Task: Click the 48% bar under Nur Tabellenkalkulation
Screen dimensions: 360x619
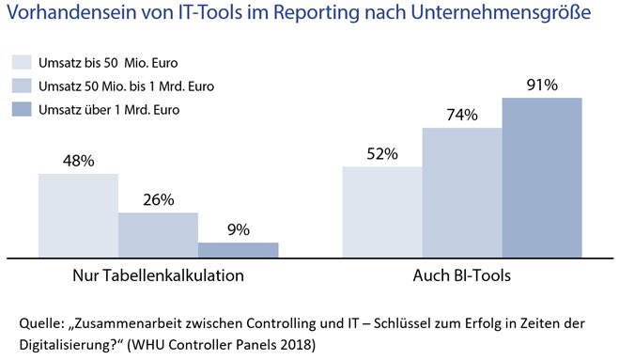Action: click(x=78, y=213)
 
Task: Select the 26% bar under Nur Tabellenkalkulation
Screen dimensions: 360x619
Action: click(x=158, y=233)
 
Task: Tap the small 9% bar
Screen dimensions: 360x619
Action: click(x=238, y=248)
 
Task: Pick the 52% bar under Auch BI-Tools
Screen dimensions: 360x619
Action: click(x=382, y=211)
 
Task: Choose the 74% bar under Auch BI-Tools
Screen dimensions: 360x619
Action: click(x=462, y=191)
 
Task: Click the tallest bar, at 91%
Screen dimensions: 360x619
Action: click(x=542, y=176)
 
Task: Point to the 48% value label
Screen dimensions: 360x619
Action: click(x=78, y=162)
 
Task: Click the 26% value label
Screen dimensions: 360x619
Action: click(x=158, y=200)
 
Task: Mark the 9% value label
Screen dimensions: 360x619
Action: click(x=238, y=229)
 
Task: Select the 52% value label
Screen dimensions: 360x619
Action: click(x=382, y=154)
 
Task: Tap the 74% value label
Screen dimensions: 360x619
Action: click(x=462, y=116)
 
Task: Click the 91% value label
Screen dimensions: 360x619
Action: click(x=542, y=86)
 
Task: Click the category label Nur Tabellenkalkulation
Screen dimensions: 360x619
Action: click(x=159, y=277)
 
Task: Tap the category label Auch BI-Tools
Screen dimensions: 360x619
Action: click(x=462, y=277)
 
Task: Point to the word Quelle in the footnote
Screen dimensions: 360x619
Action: click(x=39, y=322)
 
